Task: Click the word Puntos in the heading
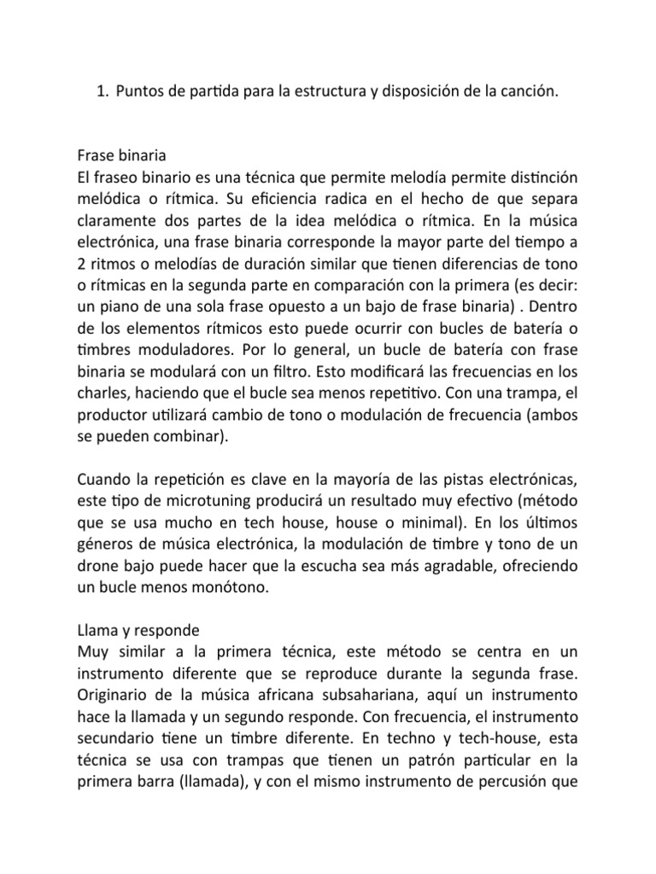pos(138,92)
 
